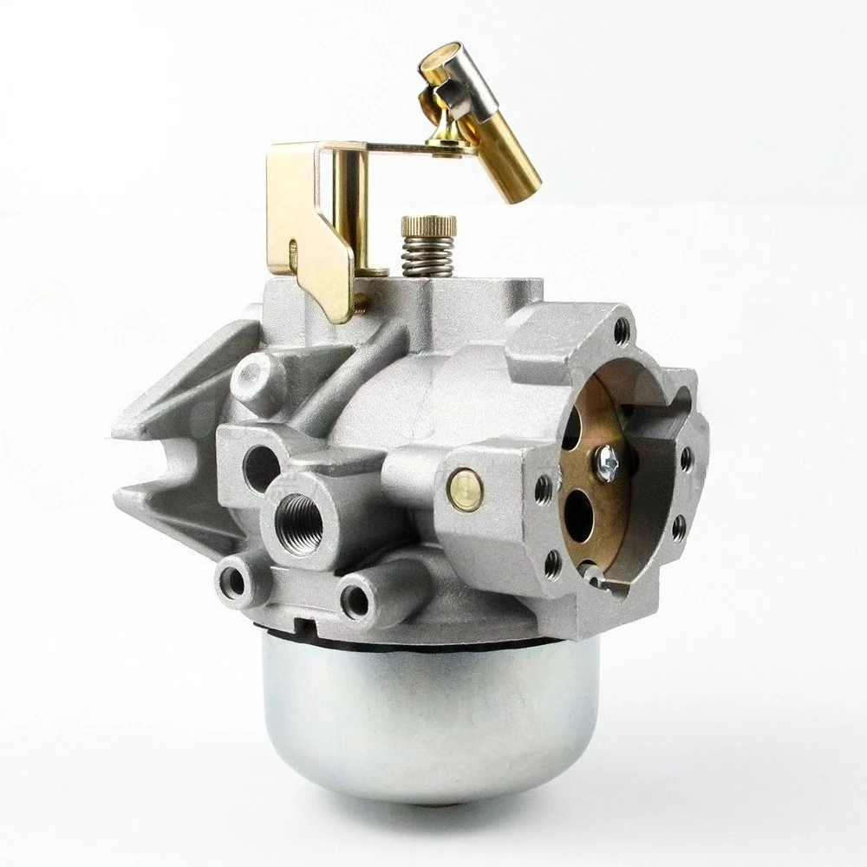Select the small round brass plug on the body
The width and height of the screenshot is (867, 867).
(x=465, y=487)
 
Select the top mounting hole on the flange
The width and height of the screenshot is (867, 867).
(x=621, y=330)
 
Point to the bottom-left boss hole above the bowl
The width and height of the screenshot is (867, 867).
(x=233, y=582)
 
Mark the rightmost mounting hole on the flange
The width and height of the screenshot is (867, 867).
(x=686, y=459)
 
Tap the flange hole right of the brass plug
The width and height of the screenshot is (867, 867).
(x=544, y=491)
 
